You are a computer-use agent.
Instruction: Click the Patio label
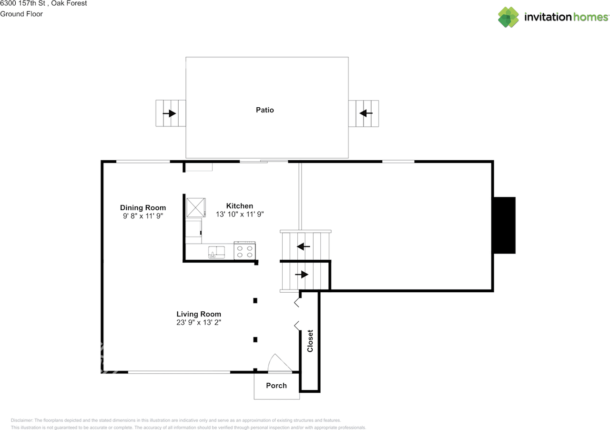[x=265, y=110]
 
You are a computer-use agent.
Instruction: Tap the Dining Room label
[x=143, y=207]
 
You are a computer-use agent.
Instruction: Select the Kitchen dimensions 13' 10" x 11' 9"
[x=240, y=215]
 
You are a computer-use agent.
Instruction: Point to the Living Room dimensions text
[x=199, y=322]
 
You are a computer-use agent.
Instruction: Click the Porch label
[x=276, y=386]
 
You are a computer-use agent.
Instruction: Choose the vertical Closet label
[x=310, y=341]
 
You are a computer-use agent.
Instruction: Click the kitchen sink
[x=217, y=251]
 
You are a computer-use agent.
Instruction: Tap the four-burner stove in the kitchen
[x=245, y=251]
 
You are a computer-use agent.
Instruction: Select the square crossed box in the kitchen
[x=195, y=207]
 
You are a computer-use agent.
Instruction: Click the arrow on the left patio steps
[x=169, y=113]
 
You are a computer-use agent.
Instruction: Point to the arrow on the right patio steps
[x=366, y=113]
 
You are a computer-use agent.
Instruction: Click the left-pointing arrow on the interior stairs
[x=304, y=246]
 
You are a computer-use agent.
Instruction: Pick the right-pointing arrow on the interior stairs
[x=302, y=275]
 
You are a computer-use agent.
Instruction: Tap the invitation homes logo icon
[x=508, y=17]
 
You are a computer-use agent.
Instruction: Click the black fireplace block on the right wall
[x=504, y=225]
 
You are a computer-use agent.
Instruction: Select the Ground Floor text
[x=21, y=14]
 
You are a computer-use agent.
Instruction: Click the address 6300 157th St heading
[x=43, y=3]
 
